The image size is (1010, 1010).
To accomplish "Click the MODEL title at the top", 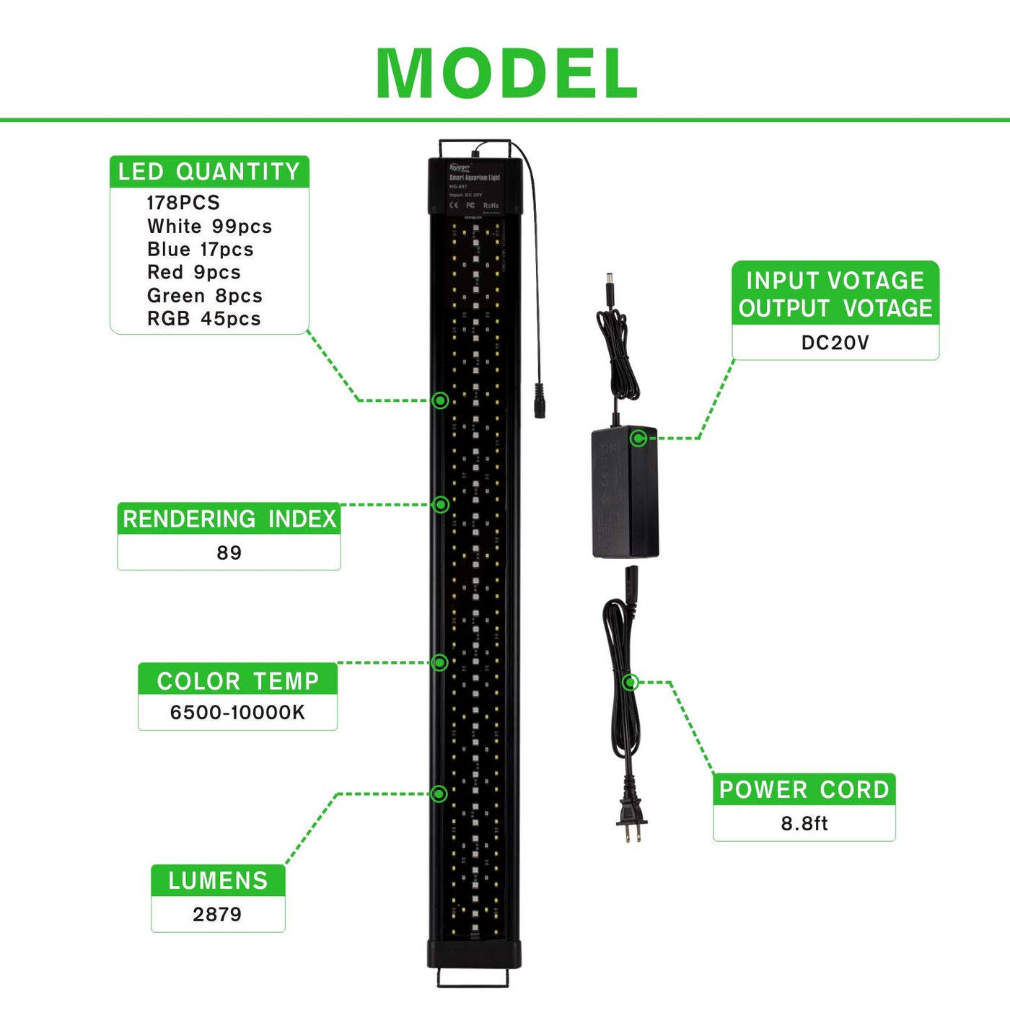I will (x=506, y=74).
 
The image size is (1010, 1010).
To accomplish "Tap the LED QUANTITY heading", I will (x=209, y=172).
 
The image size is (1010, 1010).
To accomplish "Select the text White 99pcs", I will (x=209, y=227).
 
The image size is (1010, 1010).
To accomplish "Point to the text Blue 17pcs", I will (x=200, y=250).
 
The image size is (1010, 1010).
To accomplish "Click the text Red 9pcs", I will (x=193, y=273).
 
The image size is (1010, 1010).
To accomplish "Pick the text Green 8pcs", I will (x=204, y=296).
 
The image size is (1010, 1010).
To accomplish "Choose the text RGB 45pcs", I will (x=203, y=319).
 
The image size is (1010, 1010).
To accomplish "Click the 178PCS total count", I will (x=183, y=203).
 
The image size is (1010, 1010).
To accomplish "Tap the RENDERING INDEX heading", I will (x=229, y=519).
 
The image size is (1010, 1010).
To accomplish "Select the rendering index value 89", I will (x=229, y=553).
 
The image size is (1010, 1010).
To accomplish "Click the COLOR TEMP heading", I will (x=237, y=680).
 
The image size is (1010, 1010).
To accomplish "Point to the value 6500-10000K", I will (x=237, y=713).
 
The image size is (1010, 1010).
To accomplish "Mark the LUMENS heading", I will (x=218, y=880).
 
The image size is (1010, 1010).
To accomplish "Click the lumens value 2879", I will (x=217, y=915).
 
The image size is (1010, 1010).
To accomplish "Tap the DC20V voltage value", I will (x=835, y=343).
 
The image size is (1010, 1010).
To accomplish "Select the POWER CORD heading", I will (x=804, y=790).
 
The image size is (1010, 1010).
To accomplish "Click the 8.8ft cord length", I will (x=804, y=824).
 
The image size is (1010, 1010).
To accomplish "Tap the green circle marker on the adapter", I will (x=638, y=438).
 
